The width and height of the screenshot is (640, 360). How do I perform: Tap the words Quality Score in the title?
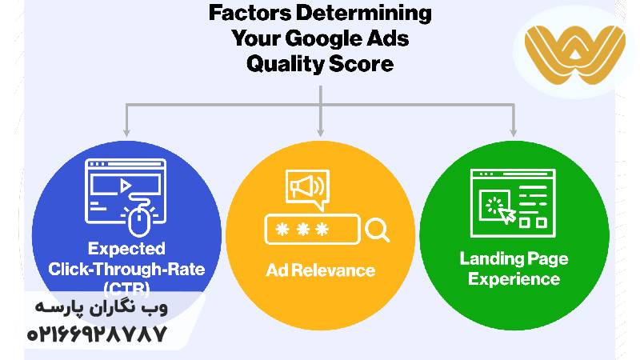(x=320, y=62)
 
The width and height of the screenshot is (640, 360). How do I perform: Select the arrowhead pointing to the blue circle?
(x=126, y=130)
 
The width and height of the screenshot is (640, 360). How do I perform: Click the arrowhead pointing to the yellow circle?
(x=320, y=130)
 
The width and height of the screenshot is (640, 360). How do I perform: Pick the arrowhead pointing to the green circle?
(x=513, y=130)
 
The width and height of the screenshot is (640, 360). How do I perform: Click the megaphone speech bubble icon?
(x=306, y=189)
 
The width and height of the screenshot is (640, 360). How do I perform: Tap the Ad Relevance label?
(x=320, y=270)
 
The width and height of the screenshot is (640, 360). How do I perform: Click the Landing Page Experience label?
(x=513, y=269)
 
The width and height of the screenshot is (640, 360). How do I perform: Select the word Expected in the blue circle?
(x=126, y=249)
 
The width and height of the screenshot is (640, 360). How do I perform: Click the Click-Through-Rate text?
(x=126, y=269)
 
